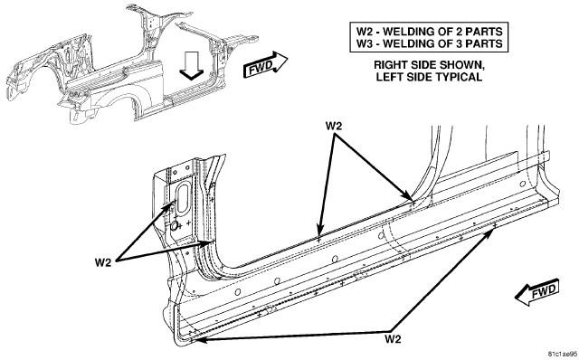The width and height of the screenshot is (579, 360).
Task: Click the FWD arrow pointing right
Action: [265, 65]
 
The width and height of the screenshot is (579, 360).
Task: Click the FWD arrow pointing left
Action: [536, 291]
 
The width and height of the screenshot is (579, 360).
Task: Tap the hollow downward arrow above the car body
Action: [192, 65]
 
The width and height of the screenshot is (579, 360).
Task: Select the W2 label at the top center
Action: [334, 126]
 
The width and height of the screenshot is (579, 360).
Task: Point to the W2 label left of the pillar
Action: [103, 262]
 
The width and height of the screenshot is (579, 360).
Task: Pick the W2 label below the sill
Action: [393, 338]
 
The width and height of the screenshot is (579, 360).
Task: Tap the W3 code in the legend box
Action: [365, 43]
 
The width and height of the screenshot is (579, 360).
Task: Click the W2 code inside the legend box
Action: [365, 32]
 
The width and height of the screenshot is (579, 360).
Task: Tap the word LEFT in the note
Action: [387, 77]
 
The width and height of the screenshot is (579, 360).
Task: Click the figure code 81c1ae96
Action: [562, 354]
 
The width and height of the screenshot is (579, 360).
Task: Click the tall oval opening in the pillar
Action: [183, 198]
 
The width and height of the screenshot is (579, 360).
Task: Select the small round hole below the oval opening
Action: [174, 224]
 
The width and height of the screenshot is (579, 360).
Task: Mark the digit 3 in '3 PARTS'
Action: [467, 43]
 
